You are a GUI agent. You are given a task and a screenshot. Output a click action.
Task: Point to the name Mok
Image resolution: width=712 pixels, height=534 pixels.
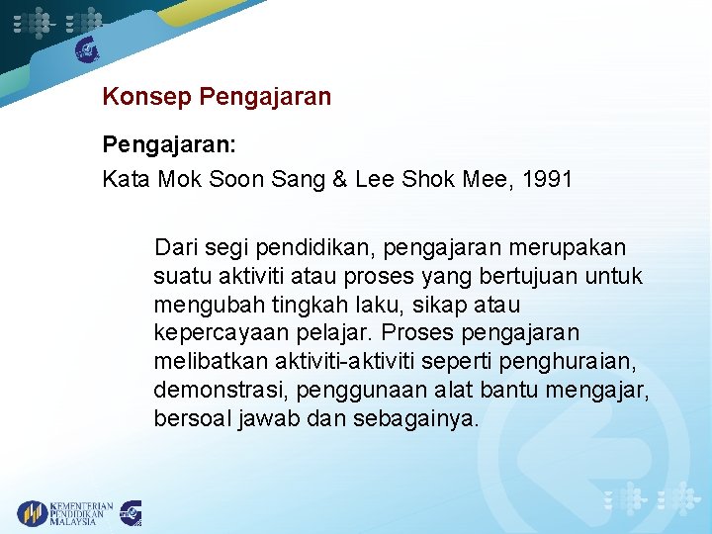[178, 180]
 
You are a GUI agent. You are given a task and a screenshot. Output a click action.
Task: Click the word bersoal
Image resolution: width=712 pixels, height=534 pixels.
[191, 418]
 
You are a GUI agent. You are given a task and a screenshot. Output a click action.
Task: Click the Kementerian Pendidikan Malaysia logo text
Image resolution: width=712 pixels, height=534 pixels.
[81, 513]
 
